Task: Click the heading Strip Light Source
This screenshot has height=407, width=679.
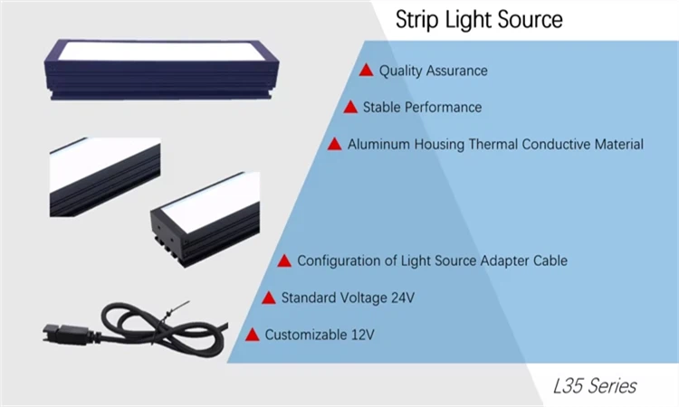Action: pos(479,20)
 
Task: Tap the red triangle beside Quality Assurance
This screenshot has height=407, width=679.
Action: pos(367,70)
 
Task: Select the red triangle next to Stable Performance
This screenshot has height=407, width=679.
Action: pos(350,107)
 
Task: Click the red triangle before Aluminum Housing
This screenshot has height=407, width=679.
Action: pos(335,144)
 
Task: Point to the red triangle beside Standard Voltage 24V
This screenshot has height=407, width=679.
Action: pos(269,298)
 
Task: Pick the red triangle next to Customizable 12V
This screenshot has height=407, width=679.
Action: pos(253,335)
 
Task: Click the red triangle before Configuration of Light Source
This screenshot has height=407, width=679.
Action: pos(284,260)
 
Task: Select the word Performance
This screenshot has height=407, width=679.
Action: pos(443,108)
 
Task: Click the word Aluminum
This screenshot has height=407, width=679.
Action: pos(377,144)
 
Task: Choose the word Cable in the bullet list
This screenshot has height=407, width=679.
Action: pos(550,260)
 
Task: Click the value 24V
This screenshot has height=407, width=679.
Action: pos(404,298)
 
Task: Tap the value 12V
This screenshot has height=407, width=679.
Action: pos(361,335)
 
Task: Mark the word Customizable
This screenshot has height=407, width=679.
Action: pos(305,335)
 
